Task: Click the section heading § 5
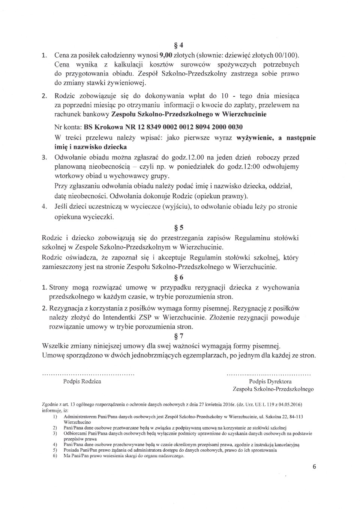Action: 179,228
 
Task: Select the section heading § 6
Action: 179,278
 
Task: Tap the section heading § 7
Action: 179,336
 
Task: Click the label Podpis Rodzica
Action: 82,381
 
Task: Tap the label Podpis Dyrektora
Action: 270,381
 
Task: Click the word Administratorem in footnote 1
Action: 80,417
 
